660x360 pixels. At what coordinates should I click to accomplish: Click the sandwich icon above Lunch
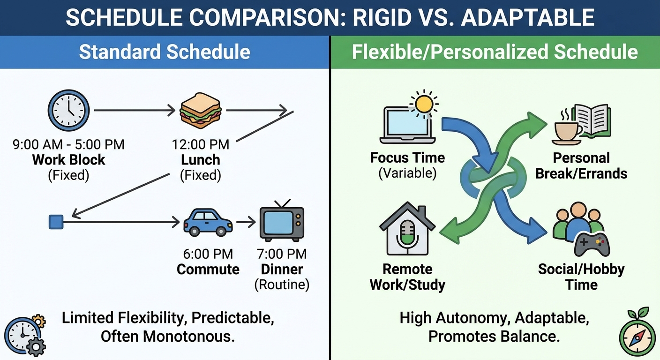[201, 111]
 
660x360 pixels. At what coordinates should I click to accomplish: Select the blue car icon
[208, 222]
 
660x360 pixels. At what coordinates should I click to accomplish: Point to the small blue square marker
[56, 222]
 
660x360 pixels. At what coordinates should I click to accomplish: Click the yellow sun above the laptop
[424, 104]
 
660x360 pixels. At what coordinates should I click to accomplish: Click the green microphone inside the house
[406, 233]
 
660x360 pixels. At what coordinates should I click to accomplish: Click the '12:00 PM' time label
[201, 144]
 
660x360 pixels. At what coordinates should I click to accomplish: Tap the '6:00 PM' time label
[208, 254]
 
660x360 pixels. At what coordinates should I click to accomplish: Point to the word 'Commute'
[208, 270]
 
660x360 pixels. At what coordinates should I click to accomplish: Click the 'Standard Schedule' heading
[164, 52]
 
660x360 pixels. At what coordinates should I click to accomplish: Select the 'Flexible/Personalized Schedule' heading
[495, 52]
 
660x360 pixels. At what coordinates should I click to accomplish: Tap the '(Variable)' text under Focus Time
[407, 173]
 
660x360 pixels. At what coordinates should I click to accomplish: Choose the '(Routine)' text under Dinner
[281, 285]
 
